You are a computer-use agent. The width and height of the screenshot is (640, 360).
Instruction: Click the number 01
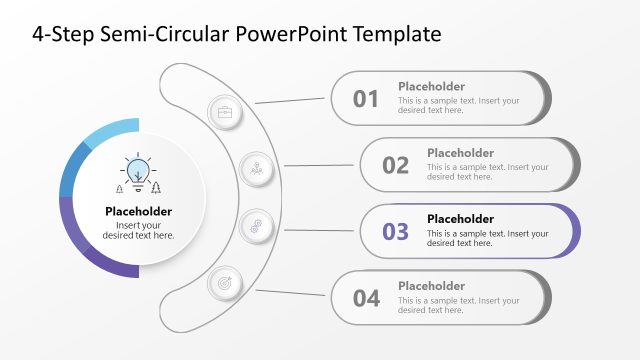click(366, 98)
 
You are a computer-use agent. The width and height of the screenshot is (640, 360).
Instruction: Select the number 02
click(396, 165)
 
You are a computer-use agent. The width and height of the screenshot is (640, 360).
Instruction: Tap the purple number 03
click(396, 231)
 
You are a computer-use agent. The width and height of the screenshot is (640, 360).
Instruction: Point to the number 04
click(366, 297)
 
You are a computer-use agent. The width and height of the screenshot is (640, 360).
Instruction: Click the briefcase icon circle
click(224, 111)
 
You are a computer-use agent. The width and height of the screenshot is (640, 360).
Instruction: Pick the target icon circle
click(224, 284)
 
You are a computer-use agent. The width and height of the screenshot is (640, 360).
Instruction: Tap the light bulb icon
click(138, 171)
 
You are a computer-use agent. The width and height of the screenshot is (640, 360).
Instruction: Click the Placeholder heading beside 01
click(431, 86)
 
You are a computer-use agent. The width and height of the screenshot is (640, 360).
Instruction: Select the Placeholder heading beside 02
click(460, 153)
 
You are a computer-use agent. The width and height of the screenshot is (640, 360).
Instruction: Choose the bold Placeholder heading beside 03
click(460, 219)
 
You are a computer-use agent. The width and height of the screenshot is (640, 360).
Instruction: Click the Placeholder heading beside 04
click(431, 285)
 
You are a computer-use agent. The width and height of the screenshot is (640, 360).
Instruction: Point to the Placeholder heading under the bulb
click(138, 211)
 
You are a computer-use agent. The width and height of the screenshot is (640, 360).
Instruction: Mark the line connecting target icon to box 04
click(291, 293)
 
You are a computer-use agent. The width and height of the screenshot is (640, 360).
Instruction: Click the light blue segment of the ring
click(107, 134)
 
